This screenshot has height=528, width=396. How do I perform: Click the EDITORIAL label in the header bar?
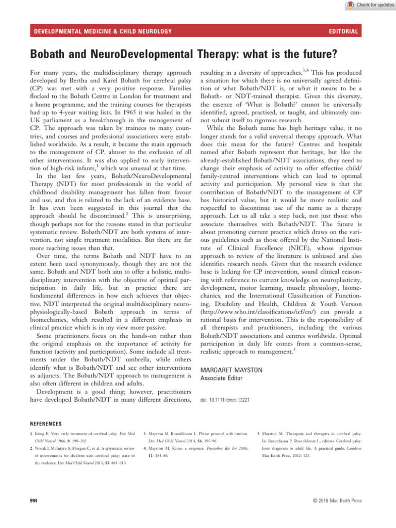coord(343,32)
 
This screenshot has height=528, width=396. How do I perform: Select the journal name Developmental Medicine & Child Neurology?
coord(103,32)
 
